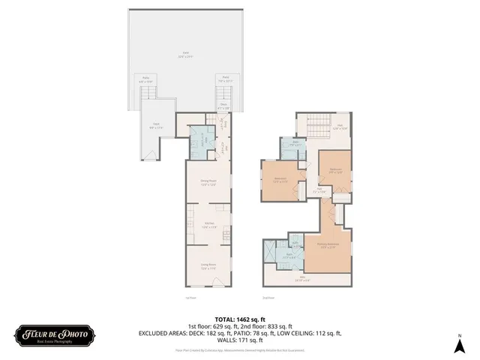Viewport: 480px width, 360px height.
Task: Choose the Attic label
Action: pyautogui.click(x=304, y=279)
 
